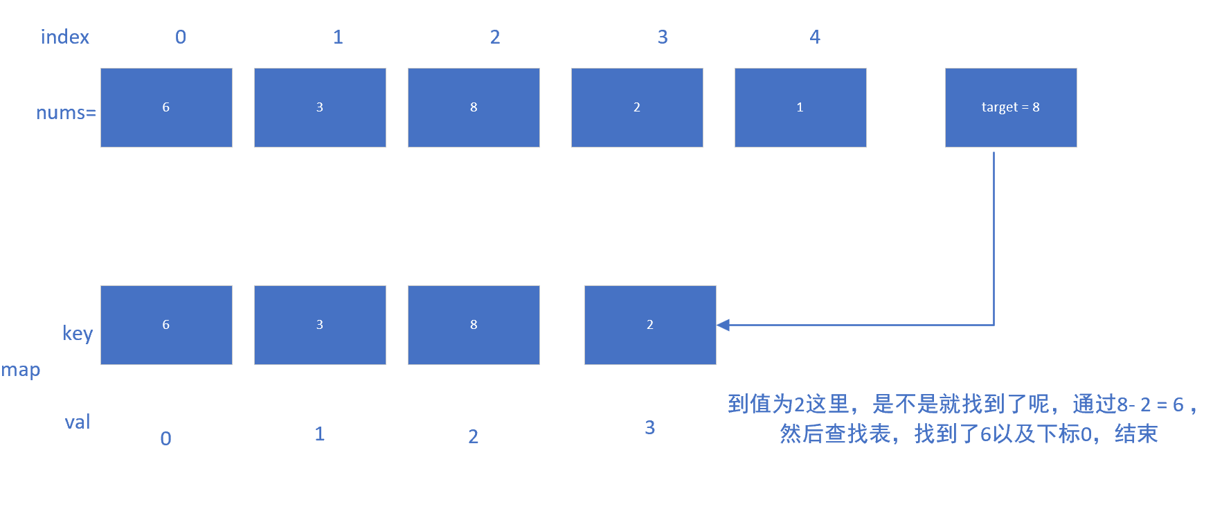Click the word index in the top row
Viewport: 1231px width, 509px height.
coord(65,37)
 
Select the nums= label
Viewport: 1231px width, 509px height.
coord(66,112)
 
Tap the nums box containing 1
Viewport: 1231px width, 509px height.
coord(800,107)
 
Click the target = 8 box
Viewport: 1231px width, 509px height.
coord(1010,107)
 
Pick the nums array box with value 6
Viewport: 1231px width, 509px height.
coord(166,107)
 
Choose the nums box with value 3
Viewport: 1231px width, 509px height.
coord(320,107)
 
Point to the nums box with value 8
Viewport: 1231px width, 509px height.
coord(474,107)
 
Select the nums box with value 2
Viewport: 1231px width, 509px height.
coord(637,107)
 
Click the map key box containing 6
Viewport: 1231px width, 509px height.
coord(166,325)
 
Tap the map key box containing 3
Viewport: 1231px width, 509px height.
coord(320,325)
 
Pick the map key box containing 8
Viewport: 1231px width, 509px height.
coord(474,325)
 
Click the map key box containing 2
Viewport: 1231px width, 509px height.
coord(650,325)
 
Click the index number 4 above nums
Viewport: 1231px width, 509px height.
coord(815,37)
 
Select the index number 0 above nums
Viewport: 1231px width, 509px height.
coord(181,37)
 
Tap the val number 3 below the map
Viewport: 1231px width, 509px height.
coord(649,427)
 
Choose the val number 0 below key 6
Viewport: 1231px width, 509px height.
coord(166,438)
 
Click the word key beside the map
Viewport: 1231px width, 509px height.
coord(78,333)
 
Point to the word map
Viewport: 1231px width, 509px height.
coord(21,370)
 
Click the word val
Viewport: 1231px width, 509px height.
coord(78,422)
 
